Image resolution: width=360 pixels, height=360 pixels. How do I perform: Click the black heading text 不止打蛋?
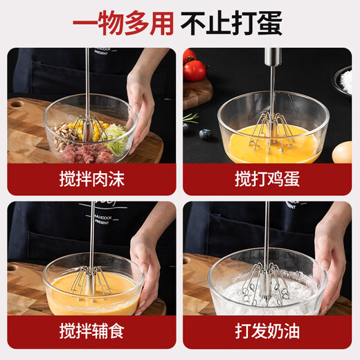click(x=231, y=23)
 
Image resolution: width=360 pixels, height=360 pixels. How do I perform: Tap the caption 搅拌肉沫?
click(x=91, y=179)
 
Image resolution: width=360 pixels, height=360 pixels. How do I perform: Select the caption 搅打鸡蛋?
click(x=267, y=179)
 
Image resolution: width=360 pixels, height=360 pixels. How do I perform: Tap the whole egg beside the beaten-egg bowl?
click(x=342, y=152)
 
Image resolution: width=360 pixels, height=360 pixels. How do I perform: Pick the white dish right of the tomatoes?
click(x=342, y=80)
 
